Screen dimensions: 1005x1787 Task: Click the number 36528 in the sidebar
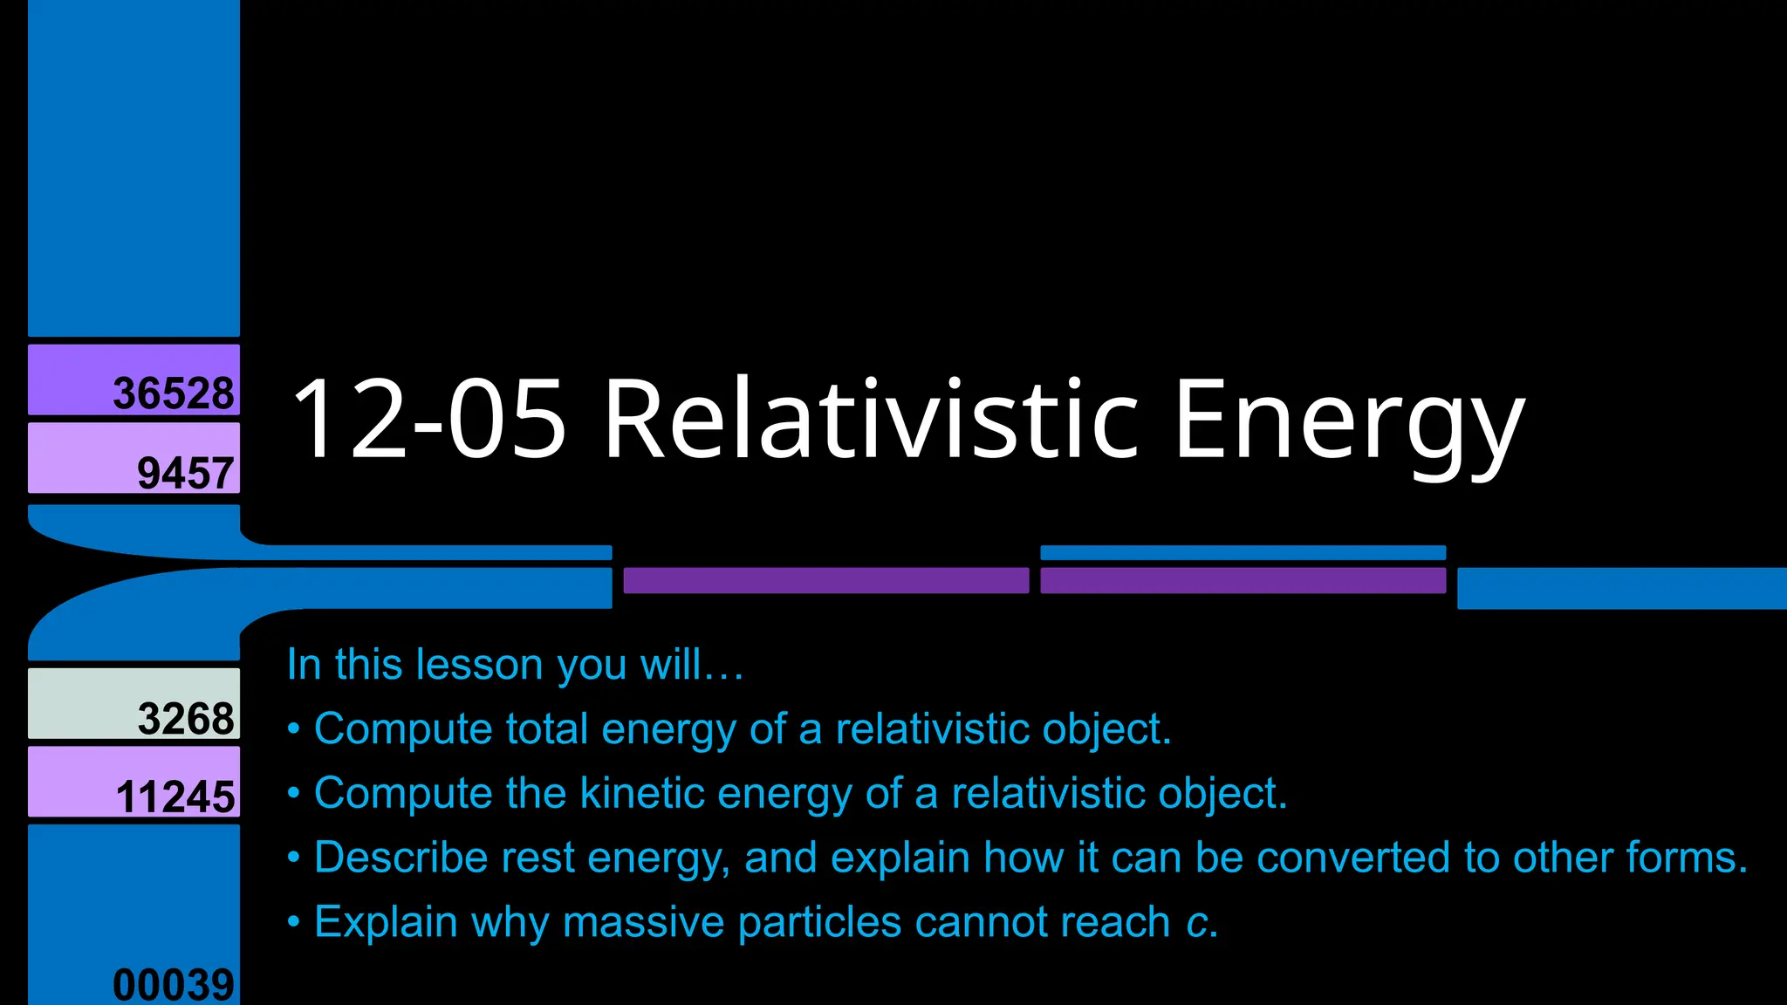coord(174,393)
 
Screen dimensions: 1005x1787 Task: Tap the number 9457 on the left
coord(185,474)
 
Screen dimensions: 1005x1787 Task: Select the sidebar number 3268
coord(185,719)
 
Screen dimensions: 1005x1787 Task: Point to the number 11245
coord(175,797)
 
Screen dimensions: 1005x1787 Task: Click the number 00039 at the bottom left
coord(174,985)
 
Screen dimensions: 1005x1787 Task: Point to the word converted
coord(1366,858)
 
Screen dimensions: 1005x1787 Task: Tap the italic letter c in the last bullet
coord(1196,923)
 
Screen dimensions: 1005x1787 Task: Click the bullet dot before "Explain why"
coord(294,922)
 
